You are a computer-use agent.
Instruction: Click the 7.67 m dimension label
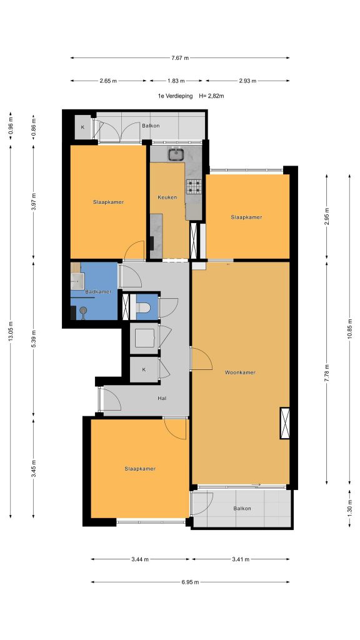pos(180,58)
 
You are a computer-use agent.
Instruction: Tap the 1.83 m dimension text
pos(176,81)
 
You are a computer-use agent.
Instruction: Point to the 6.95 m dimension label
pos(190,582)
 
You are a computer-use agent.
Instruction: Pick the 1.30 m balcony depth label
pos(350,509)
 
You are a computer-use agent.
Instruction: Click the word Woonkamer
pos(240,372)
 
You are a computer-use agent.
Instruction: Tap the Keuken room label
pos(167,197)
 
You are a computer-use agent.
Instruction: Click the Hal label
pos(162,398)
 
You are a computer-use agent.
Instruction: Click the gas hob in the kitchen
pos(194,186)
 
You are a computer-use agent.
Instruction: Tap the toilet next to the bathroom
pos(144,307)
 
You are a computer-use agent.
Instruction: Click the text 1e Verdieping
pos(176,96)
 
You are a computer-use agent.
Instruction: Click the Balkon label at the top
pos(151,126)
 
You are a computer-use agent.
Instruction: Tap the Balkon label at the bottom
pos(242,509)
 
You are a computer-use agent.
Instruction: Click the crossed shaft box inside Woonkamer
pos(285,423)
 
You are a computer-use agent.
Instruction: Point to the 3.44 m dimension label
pos(140,559)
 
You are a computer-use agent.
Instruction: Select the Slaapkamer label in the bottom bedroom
pos(140,469)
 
